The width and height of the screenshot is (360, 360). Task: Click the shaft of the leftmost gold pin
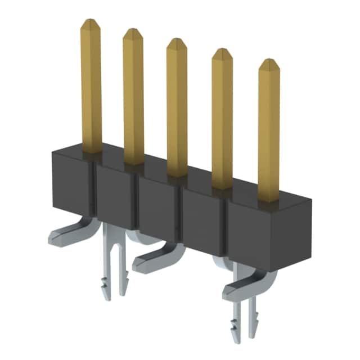click(x=91, y=90)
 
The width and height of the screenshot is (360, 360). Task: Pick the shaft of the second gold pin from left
click(x=134, y=101)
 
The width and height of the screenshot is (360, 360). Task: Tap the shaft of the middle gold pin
click(x=177, y=112)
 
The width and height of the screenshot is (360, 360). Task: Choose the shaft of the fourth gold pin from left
click(x=222, y=124)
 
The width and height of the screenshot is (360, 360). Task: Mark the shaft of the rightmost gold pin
click(x=268, y=135)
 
